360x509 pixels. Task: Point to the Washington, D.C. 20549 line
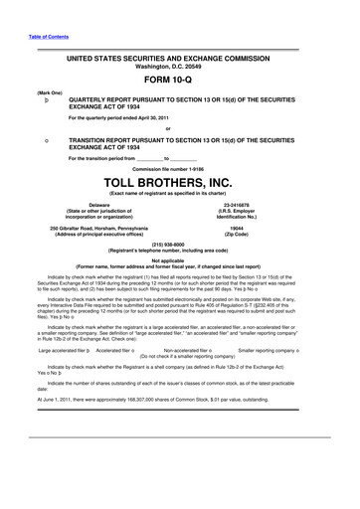(x=179, y=67)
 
